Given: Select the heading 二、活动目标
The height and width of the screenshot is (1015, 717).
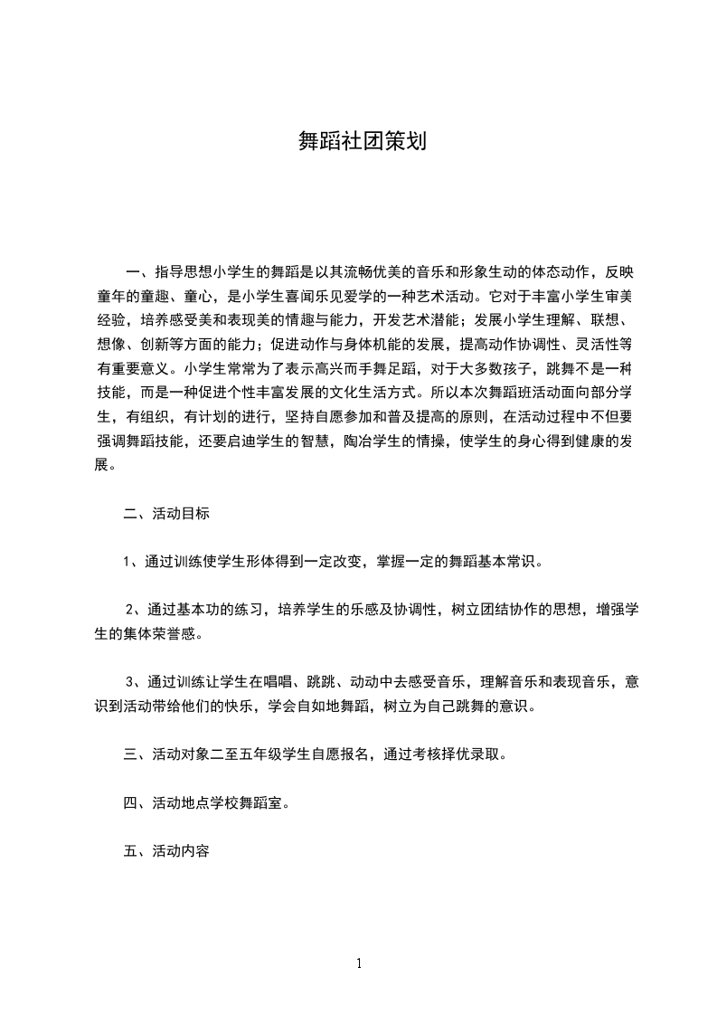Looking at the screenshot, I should pos(166,514).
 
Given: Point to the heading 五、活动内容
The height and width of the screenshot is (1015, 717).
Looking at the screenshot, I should pos(166,851).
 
